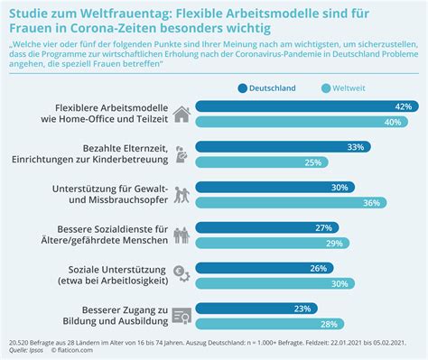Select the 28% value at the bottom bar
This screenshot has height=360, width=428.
[328, 324]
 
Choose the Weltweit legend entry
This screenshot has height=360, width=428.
[369, 88]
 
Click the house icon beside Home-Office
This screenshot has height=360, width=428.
[181, 114]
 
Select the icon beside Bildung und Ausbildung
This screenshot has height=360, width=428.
[181, 316]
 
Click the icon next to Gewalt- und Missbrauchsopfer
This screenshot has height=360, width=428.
[181, 195]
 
